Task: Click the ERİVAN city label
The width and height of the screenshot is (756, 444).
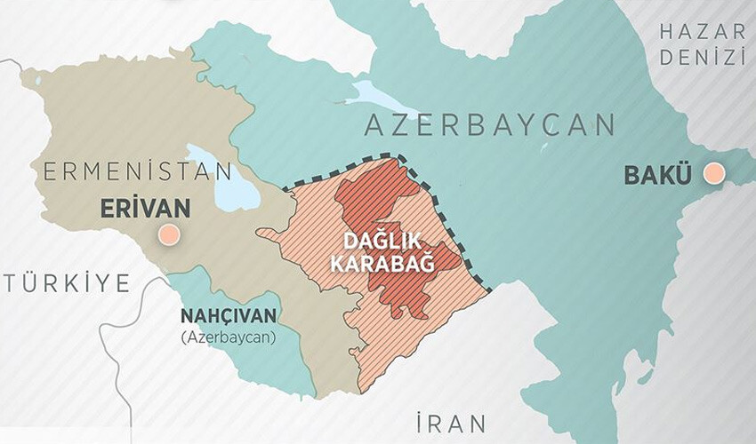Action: [x=145, y=209]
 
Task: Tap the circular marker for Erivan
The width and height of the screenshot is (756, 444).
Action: [x=167, y=236]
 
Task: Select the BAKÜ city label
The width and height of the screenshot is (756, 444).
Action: [x=656, y=175]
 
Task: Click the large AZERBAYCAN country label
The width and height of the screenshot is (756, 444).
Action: [x=489, y=125]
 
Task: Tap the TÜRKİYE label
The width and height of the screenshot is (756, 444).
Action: [x=67, y=283]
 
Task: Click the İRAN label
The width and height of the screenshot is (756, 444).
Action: [x=453, y=420]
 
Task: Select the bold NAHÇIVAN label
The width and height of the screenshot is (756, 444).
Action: [x=229, y=316]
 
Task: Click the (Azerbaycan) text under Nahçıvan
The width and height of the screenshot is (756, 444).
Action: [x=229, y=337]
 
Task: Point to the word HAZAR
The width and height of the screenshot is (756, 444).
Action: [x=702, y=32]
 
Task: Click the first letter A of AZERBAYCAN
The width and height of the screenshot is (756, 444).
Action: [x=374, y=125]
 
